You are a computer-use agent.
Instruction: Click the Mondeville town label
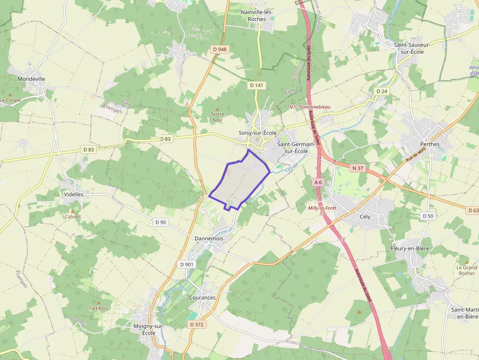pos(31,78)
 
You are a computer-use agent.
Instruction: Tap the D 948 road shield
pos(220,49)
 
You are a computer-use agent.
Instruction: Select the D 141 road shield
pos(256,85)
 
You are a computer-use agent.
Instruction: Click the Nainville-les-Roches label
pos(257,15)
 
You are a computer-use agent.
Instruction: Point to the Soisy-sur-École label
pos(258,133)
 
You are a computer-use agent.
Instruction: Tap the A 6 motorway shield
pos(318,182)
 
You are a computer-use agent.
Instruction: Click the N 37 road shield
pos(358,168)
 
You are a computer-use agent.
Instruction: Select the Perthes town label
pos(430,144)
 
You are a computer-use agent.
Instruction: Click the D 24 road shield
pos(381,91)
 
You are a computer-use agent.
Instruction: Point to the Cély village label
pos(365,216)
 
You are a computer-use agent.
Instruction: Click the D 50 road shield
pos(427,216)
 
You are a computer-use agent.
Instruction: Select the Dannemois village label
pos(209,238)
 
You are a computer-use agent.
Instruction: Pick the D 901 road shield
pos(187,264)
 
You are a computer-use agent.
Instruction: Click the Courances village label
pos(202,297)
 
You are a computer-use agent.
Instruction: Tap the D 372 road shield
pos(196,324)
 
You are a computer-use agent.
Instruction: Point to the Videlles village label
pos(74,194)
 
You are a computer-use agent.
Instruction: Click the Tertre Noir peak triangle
pos(218,108)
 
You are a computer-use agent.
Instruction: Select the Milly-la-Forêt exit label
pos(322,208)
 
